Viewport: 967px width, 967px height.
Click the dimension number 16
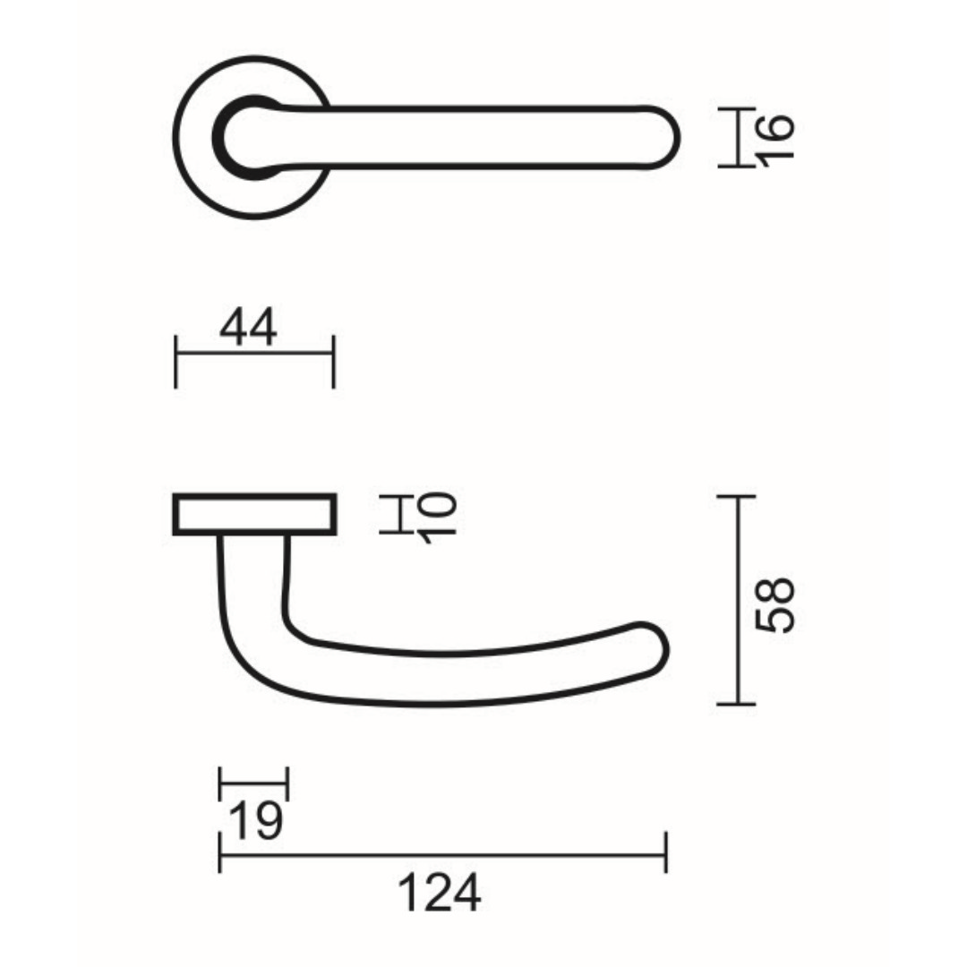point(775,138)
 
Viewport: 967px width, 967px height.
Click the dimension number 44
point(249,328)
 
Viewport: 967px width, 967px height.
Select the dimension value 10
point(438,518)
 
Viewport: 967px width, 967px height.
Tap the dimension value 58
point(775,604)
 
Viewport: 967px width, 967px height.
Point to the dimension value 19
point(256,821)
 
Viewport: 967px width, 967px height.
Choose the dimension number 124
point(439,893)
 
